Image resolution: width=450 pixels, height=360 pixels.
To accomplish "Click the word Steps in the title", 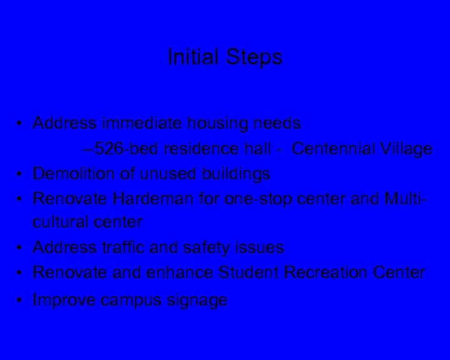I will [254, 58].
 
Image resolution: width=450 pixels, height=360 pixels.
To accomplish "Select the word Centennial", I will [333, 149].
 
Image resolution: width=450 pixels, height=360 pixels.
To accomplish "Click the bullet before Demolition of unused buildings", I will [21, 174].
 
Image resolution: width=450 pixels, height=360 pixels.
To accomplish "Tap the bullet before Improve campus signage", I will [21, 301].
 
